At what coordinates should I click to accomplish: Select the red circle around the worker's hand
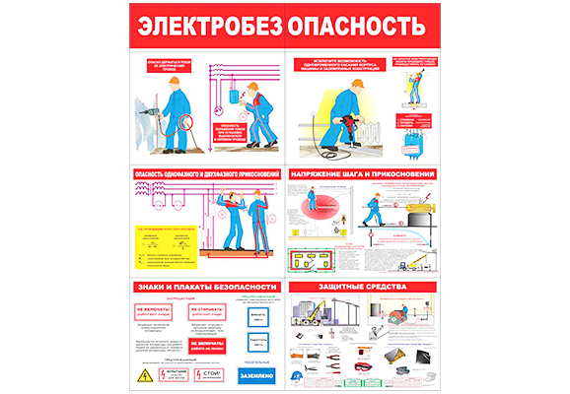[x=182, y=123]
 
